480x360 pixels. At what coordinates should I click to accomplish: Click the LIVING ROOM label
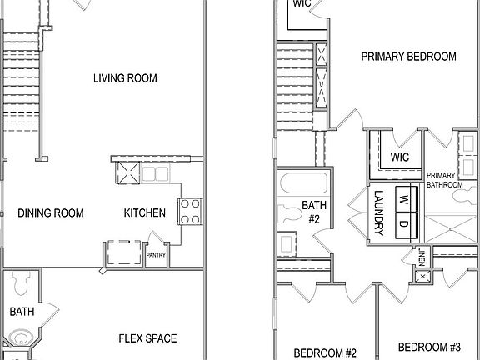point(126,78)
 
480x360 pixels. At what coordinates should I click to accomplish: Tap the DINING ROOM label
point(51,213)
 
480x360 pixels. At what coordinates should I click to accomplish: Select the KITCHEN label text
point(145,213)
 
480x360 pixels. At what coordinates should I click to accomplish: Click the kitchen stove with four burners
point(189,210)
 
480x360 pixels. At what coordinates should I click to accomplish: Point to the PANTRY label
point(156,255)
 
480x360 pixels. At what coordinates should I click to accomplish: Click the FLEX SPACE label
point(147,338)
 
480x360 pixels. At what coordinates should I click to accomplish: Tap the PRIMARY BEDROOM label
point(408,57)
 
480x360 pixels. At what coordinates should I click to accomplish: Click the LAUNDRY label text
point(378,212)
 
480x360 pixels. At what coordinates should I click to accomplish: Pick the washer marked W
point(403,199)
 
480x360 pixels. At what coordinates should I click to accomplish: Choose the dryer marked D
point(403,223)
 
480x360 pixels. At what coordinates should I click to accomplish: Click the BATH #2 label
point(313,212)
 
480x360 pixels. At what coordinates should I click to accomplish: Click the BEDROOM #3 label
point(429,347)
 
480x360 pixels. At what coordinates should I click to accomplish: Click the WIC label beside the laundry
point(400,157)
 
